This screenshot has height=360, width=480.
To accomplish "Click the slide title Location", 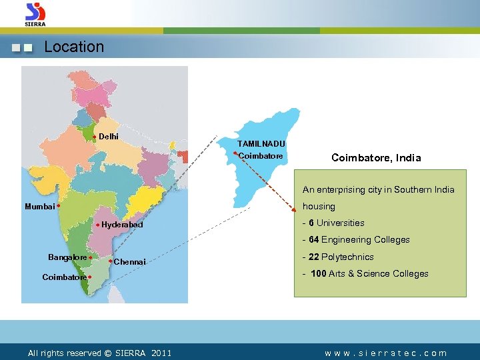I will coord(73,47).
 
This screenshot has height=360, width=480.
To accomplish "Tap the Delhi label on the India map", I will coord(109,137).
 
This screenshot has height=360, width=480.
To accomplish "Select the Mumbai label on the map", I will coord(39,207).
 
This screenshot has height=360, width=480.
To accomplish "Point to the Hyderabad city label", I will coord(122,225).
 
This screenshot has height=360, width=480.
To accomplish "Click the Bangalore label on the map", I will coord(67,257).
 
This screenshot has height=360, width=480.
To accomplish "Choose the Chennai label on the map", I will coord(129,262).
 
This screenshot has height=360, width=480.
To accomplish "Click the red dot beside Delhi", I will coord(95,137).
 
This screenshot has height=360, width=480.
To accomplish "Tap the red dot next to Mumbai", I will coord(59,206).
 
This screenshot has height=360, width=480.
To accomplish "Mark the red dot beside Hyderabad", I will coord(97,225).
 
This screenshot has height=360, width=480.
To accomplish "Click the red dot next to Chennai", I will coord(110,261).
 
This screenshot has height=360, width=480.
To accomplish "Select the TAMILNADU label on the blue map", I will coord(261,143).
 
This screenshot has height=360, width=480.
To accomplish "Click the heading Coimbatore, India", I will coord(376,158).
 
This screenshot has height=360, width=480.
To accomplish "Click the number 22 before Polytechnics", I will coord(313,257).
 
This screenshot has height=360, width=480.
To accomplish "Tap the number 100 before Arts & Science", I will coord(319,273).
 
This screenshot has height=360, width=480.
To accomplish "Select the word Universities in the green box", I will coord(340,223).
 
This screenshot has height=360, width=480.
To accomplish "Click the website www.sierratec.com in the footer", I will coord(386,353).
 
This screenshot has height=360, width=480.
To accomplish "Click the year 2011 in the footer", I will coord(161,353).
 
